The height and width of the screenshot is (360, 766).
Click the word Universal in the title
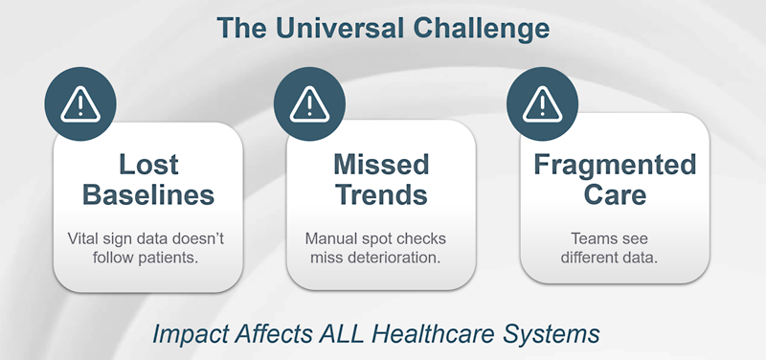coord(349,28)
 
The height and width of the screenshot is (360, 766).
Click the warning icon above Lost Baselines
coord(80,103)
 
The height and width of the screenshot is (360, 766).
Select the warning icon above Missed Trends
coord(309,103)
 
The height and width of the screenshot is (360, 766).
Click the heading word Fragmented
coord(614,164)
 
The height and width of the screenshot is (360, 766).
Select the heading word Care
coord(614,196)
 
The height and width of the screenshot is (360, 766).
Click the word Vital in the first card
coord(86,237)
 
